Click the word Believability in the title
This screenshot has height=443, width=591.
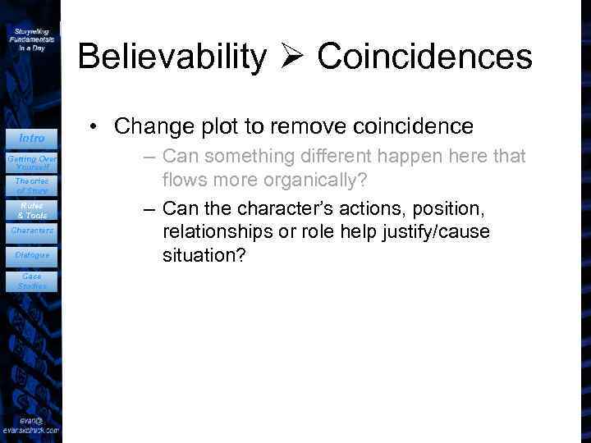point(172,57)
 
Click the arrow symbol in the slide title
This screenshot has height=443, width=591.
point(291,57)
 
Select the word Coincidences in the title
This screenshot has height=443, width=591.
point(424,57)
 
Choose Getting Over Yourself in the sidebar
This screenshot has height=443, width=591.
point(31,162)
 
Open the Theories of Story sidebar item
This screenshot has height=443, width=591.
point(31,185)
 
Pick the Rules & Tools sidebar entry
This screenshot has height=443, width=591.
point(31,209)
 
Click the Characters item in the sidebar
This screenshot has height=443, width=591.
point(32,231)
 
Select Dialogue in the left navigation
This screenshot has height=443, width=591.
point(32,255)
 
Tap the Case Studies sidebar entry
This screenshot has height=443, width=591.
point(32,281)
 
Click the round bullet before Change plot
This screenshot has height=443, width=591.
point(96,127)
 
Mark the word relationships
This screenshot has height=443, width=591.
point(227,232)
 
